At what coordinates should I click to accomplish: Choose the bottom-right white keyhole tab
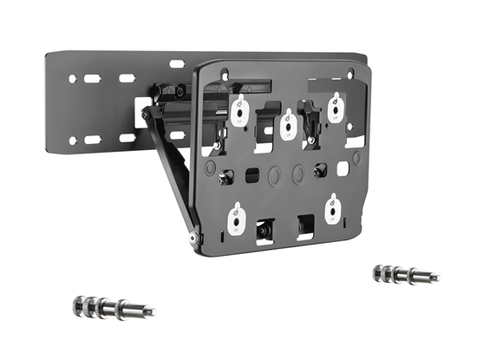click(331, 211)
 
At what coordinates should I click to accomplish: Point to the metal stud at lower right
click(402, 275)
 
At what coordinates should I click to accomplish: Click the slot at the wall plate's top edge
click(177, 63)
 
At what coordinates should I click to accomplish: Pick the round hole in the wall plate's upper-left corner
click(72, 80)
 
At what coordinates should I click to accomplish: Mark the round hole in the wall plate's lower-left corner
click(73, 141)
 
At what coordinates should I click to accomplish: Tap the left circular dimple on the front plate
click(275, 174)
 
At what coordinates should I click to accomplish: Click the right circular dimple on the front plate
click(297, 173)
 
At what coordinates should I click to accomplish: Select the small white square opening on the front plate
click(342, 165)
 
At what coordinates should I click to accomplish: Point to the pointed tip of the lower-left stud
click(152, 311)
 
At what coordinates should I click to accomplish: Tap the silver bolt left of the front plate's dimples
click(226, 180)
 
